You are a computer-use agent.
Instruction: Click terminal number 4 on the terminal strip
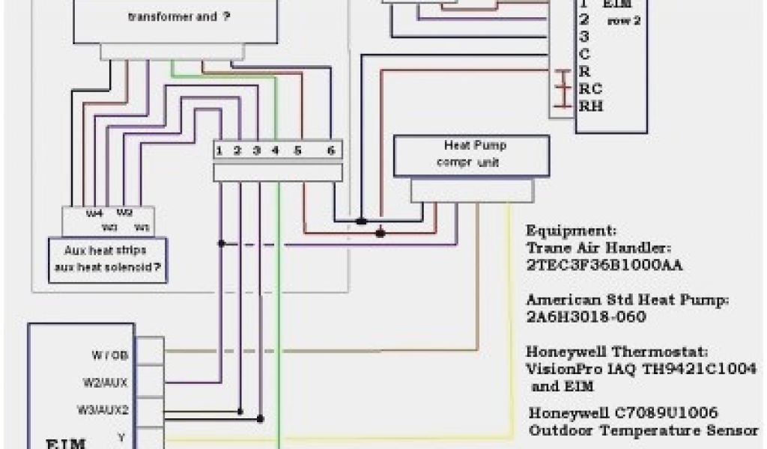(x=275, y=150)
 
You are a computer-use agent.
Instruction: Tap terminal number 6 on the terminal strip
(x=330, y=150)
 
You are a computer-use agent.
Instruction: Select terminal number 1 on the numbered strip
(x=219, y=150)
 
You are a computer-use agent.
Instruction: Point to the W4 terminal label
(x=94, y=213)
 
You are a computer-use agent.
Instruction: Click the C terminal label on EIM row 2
(x=584, y=54)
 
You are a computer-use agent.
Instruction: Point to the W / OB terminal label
(x=110, y=355)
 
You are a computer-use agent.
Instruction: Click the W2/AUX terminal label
(x=105, y=382)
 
